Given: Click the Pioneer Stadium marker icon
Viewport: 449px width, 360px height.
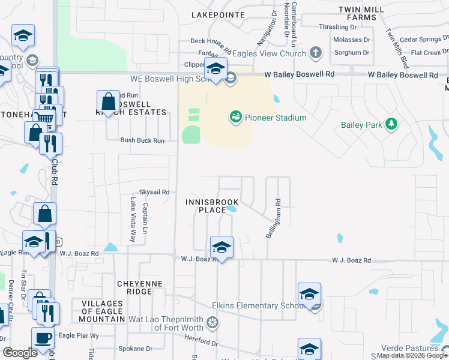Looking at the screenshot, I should [235, 117].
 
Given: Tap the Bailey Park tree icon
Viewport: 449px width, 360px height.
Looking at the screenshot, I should [391, 124].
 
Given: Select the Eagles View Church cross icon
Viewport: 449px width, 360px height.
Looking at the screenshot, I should [316, 53].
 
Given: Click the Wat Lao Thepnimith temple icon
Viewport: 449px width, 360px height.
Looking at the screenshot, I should [211, 323].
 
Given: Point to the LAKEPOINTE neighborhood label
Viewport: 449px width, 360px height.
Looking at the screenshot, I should [218, 14].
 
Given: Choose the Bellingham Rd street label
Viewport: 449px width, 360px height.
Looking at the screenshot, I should [278, 219].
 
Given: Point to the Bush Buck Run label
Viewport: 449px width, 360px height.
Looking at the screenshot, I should [142, 140].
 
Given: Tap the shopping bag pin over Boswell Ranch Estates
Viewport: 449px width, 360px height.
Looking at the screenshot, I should [108, 101].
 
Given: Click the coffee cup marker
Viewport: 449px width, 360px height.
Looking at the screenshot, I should [43, 338].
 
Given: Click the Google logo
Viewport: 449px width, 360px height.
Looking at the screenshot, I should [20, 352].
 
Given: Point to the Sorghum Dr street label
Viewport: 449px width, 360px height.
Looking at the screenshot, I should [351, 53].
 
